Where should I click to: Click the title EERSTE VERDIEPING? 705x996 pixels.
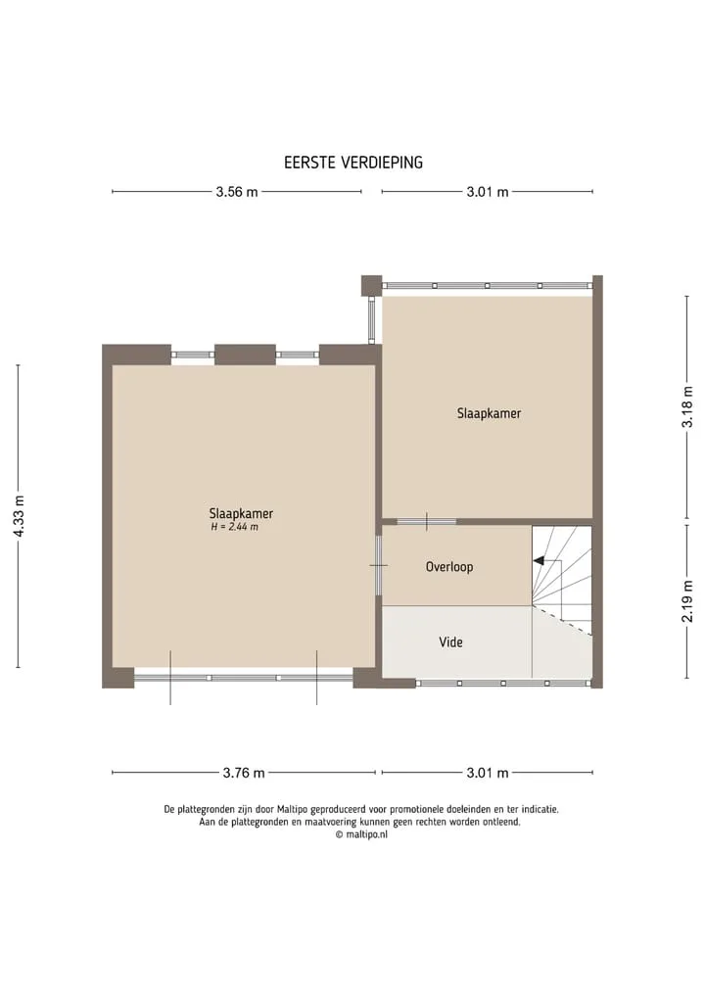coord(353,163)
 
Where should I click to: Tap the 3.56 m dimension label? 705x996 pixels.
coord(237,192)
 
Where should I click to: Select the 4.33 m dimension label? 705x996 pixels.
coord(19,516)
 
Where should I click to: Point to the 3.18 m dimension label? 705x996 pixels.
coord(687,406)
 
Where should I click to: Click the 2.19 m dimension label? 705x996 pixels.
coord(687,601)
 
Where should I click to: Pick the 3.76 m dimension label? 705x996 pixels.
coord(244,773)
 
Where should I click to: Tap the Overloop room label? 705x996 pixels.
coord(449,567)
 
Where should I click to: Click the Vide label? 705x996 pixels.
coord(451,642)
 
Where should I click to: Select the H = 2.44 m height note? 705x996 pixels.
coord(234,527)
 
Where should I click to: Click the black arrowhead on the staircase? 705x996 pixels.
coord(539,561)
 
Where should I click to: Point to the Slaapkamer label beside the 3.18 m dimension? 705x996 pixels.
coord(489,413)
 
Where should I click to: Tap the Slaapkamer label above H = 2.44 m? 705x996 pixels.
coord(241,513)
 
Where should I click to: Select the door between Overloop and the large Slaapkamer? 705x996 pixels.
coord(379,565)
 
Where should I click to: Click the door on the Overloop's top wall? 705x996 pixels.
coord(427,521)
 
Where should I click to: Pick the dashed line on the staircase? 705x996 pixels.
coord(561,621)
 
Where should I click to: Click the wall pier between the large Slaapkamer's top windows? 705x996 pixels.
coord(245,355)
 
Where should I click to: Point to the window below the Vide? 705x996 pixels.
coord(503,684)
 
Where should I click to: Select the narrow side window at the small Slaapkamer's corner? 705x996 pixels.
coord(372,321)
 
